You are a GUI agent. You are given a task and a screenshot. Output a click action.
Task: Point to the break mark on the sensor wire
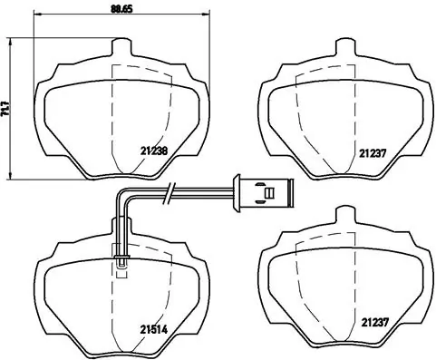(x=170, y=191)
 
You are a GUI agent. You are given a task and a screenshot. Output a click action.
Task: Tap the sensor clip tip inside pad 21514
(x=121, y=263)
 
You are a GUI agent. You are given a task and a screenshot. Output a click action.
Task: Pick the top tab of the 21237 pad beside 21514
(x=344, y=214)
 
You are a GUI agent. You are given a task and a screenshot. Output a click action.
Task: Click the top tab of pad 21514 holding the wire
(x=121, y=225)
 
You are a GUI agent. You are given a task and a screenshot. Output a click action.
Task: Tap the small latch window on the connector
(x=266, y=191)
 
